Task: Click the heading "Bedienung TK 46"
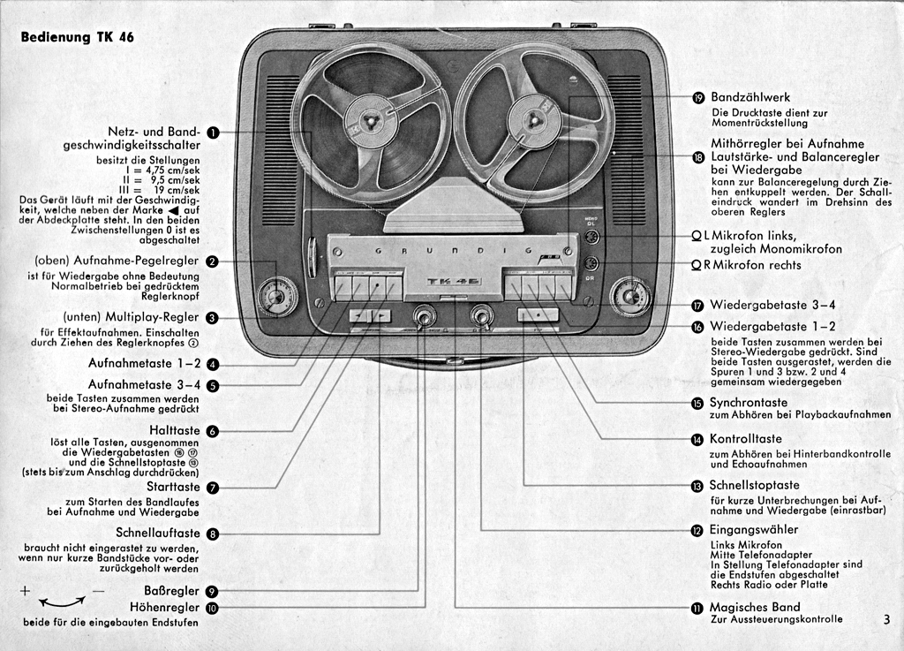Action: coord(78,37)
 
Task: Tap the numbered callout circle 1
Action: coord(213,133)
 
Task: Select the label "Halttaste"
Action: coord(174,430)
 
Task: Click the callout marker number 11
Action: coord(697,608)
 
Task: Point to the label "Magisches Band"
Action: coord(755,607)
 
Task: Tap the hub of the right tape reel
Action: coord(531,118)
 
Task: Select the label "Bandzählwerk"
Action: coord(750,97)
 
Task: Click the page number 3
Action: coord(886,620)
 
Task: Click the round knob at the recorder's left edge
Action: coord(276,297)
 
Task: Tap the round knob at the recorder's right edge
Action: coord(631,297)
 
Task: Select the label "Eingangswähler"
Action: coord(754,529)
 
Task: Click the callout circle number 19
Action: coord(698,98)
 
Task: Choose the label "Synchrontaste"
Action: coord(749,403)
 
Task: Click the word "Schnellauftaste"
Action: coord(158,533)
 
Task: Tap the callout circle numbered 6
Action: coord(213,431)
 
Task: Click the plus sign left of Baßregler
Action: coord(25,591)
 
